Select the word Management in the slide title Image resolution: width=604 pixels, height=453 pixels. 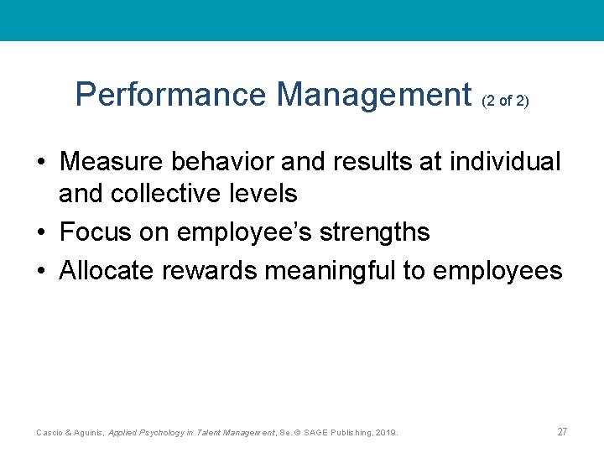point(373,96)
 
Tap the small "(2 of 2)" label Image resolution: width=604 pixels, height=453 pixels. point(505,102)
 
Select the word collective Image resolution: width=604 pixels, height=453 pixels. point(173,194)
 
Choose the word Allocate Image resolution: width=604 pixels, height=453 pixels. point(110,270)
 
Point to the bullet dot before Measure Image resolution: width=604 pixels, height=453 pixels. point(40,162)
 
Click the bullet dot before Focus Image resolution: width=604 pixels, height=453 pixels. point(40,232)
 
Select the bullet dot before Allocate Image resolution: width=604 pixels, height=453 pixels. point(40,271)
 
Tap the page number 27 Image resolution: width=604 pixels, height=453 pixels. point(562,432)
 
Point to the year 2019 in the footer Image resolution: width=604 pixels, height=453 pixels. point(385,433)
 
